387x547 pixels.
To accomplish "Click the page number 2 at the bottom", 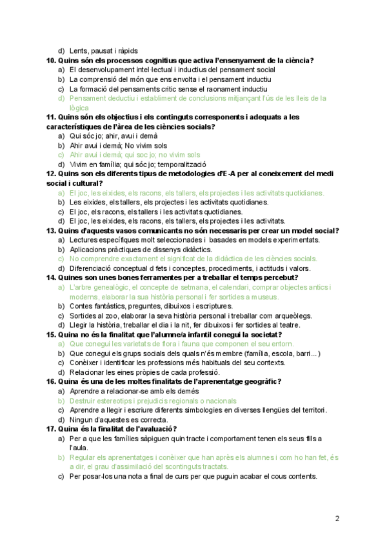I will (x=337, y=518).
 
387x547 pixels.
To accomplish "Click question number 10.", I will (x=51, y=60).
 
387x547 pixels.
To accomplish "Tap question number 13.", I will (x=51, y=230).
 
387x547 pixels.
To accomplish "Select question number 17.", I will (x=51, y=429).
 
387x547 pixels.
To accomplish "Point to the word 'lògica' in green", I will (x=79, y=108).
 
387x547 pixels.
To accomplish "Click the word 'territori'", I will (x=310, y=410).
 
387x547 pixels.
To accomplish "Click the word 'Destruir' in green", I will (x=83, y=401).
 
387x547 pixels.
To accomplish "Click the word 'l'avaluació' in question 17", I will (x=154, y=429).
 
